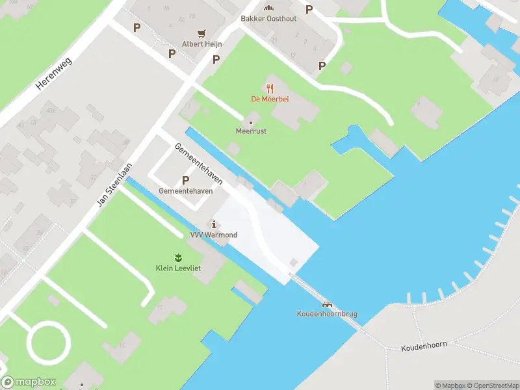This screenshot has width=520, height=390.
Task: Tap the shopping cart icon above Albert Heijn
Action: click(x=203, y=33)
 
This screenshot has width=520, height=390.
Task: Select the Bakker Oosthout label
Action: click(x=268, y=19)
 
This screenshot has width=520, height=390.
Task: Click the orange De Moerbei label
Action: click(x=270, y=99)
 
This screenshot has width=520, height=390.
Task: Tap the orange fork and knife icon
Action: click(x=270, y=88)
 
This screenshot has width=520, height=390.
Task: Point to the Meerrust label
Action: click(x=251, y=131)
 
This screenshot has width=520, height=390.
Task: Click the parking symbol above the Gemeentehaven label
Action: click(x=186, y=180)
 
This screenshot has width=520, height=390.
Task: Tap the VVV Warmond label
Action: click(x=214, y=235)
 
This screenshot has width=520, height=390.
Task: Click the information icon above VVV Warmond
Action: click(x=214, y=224)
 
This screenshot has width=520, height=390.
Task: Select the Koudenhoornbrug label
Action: click(x=327, y=314)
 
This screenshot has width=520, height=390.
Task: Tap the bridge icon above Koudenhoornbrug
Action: click(x=327, y=304)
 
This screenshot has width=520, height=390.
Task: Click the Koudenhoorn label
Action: click(x=424, y=344)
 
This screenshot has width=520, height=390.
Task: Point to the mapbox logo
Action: click(x=29, y=382)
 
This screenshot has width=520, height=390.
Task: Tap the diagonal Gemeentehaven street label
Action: click(x=199, y=163)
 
